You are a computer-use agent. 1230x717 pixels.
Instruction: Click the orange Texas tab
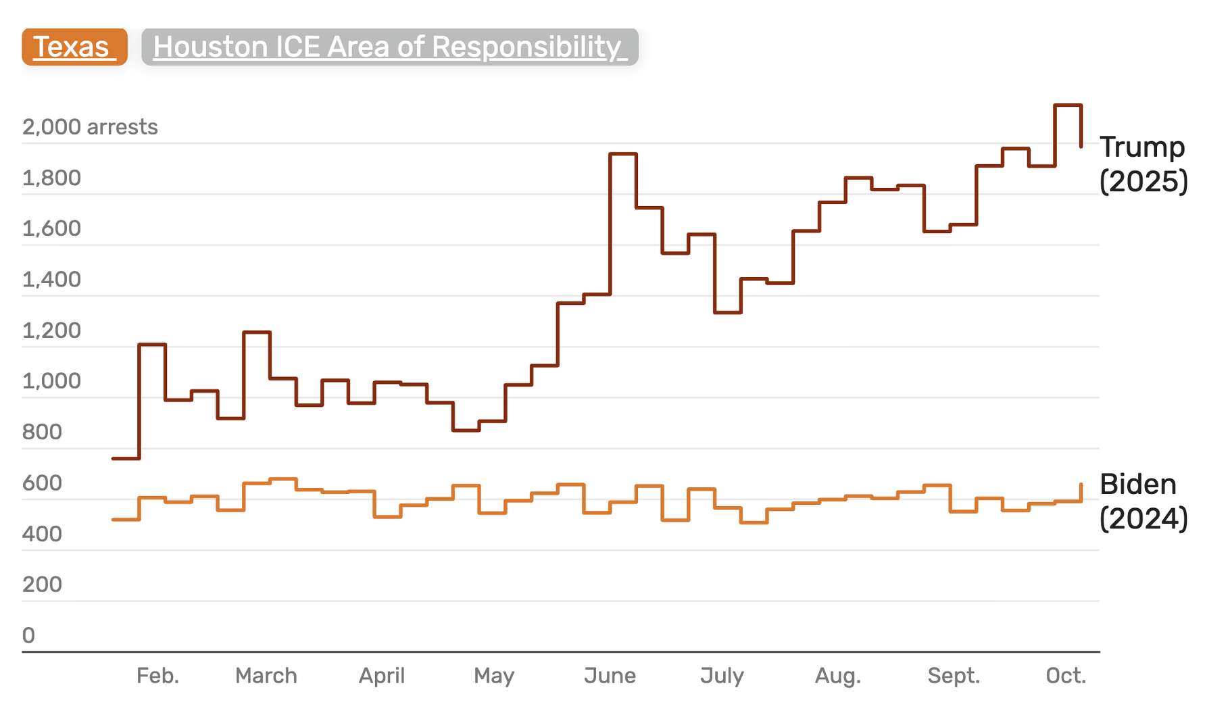coord(74,47)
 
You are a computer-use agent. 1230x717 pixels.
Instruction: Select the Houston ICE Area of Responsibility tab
coord(389,47)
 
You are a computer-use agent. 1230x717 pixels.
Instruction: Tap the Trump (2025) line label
coord(1143,164)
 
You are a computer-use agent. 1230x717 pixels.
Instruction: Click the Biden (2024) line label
coord(1143,501)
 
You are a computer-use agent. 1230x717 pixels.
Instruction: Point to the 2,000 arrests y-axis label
coord(90,127)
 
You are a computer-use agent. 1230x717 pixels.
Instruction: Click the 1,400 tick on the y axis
coord(51,280)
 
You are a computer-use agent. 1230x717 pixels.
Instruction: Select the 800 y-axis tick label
coord(42,432)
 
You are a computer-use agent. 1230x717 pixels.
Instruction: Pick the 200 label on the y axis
coord(42,585)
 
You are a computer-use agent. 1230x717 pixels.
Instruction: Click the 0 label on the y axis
coord(28,635)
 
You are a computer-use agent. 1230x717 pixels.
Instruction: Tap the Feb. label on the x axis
coord(157,676)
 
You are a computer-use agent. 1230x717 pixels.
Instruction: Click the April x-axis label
coord(381,676)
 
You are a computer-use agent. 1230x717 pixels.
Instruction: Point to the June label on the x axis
coord(610,676)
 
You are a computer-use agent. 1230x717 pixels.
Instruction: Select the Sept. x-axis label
coord(953,676)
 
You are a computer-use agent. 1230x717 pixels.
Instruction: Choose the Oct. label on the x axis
coord(1066,676)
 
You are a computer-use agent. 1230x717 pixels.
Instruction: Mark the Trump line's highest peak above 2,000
coord(1068,105)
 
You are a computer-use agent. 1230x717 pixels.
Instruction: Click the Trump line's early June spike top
coord(622,154)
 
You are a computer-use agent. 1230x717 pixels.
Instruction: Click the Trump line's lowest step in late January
coord(126,458)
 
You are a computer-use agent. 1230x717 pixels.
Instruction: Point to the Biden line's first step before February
coord(126,519)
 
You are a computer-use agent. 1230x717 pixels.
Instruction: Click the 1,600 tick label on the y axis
coord(51,228)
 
